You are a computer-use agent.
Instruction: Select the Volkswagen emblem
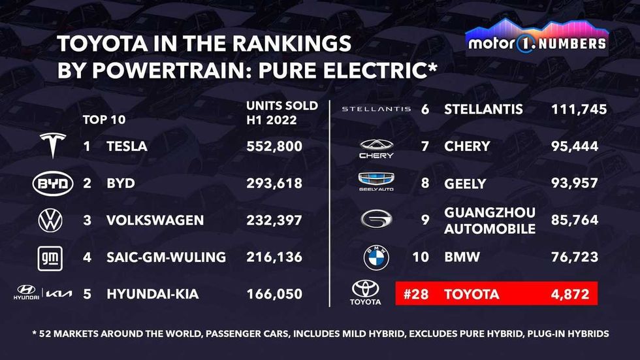pos(50,221)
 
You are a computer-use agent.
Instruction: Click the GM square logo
pos(51,258)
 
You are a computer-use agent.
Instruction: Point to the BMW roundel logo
pos(376,257)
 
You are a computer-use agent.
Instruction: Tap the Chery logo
pos(376,148)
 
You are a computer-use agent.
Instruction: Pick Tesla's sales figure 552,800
pos(274,146)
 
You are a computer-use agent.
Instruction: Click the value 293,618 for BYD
pos(274,184)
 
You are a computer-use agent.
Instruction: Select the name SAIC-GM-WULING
pos(166,257)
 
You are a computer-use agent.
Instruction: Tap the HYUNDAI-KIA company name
pos(152,295)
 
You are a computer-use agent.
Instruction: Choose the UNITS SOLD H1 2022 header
pos(282,113)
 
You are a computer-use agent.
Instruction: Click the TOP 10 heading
pos(104,120)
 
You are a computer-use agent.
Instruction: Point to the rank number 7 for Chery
pos(425,146)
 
